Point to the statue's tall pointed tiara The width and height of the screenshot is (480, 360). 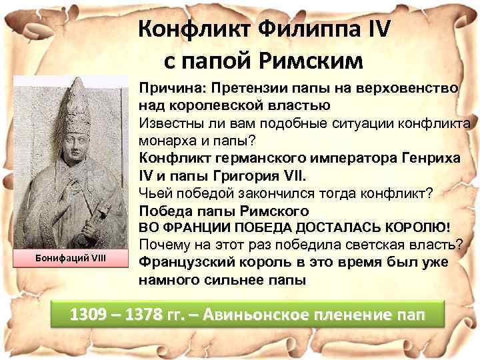click(x=79, y=104)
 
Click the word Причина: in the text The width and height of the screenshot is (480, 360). click(x=167, y=89)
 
